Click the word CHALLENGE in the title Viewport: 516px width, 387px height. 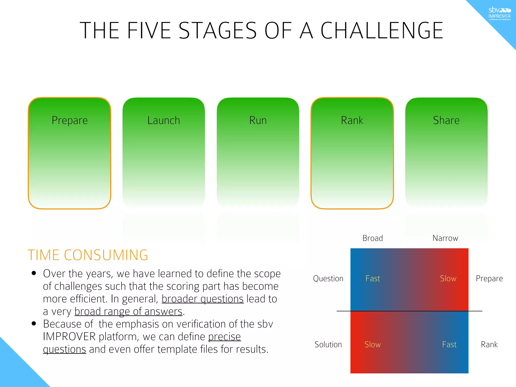[381, 31]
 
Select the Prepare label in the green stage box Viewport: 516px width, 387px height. [70, 120]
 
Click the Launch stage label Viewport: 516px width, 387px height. [164, 120]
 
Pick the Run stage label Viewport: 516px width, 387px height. [258, 120]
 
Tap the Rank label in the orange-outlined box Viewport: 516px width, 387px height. [352, 120]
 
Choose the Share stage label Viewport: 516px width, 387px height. [446, 120]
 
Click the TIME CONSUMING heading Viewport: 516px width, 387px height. [88, 255]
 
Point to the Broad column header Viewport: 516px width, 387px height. [372, 238]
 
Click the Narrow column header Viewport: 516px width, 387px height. [445, 238]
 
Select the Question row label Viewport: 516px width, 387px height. [328, 278]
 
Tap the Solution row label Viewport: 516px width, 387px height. [328, 344]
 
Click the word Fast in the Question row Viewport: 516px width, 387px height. [372, 278]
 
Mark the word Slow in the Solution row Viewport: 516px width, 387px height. [372, 344]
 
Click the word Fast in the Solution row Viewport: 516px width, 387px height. [449, 344]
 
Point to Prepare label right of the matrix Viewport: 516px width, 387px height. [489, 278]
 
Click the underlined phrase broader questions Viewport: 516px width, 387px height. [203, 299]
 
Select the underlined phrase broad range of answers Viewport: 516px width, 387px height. [128, 312]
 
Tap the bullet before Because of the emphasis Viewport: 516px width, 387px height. [34, 324]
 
